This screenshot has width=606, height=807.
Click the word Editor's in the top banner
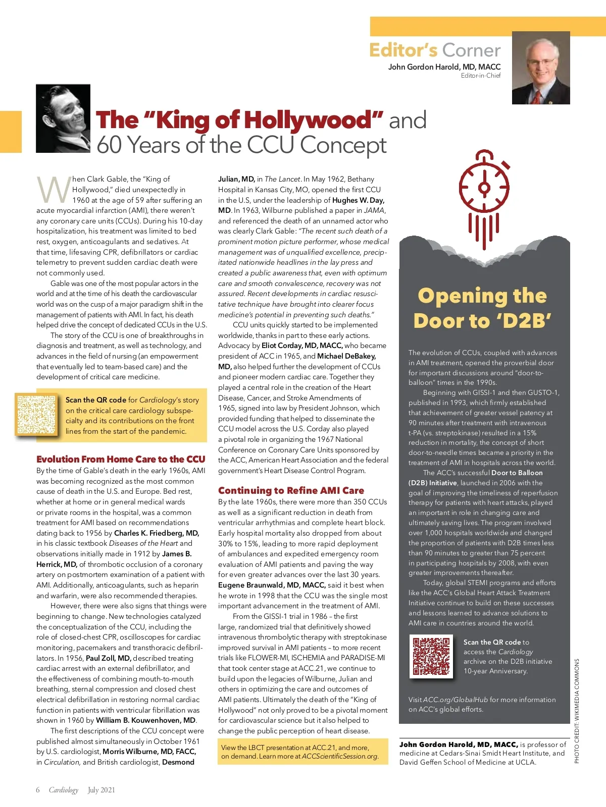(x=403, y=50)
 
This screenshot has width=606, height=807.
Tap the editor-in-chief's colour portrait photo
(x=541, y=68)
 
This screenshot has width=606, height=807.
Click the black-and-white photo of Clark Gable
(x=63, y=119)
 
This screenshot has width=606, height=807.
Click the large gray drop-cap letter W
(x=54, y=190)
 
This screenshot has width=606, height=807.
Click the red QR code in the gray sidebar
(x=431, y=656)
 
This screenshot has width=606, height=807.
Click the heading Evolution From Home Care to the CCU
(x=121, y=459)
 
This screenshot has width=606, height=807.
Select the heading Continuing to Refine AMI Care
(x=291, y=490)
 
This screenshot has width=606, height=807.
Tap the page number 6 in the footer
(x=38, y=790)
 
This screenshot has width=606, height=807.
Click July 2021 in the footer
(x=101, y=790)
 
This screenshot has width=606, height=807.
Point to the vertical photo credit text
(x=577, y=711)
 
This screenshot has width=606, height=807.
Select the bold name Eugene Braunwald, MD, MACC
(x=272, y=585)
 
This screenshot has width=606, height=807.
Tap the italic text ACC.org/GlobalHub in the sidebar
(x=456, y=700)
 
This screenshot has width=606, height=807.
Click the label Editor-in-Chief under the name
(x=480, y=76)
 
